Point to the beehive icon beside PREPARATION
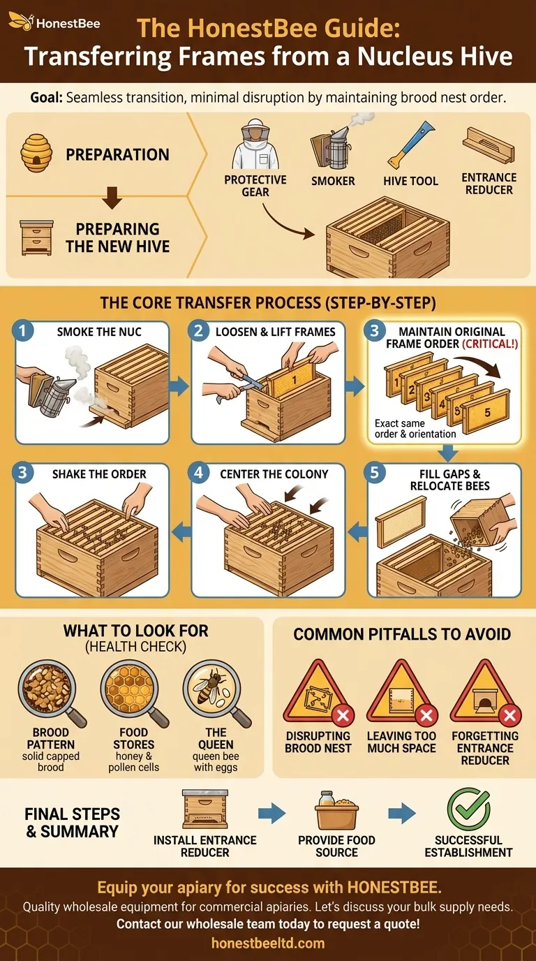point(36,152)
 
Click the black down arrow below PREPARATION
point(112,200)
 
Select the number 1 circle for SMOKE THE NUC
point(24,331)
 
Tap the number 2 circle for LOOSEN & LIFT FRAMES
point(200,331)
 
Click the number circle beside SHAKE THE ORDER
point(24,474)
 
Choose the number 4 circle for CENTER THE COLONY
point(200,474)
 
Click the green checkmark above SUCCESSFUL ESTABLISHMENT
point(467,809)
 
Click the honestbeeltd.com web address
point(268,943)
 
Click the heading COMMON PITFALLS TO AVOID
point(402,634)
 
